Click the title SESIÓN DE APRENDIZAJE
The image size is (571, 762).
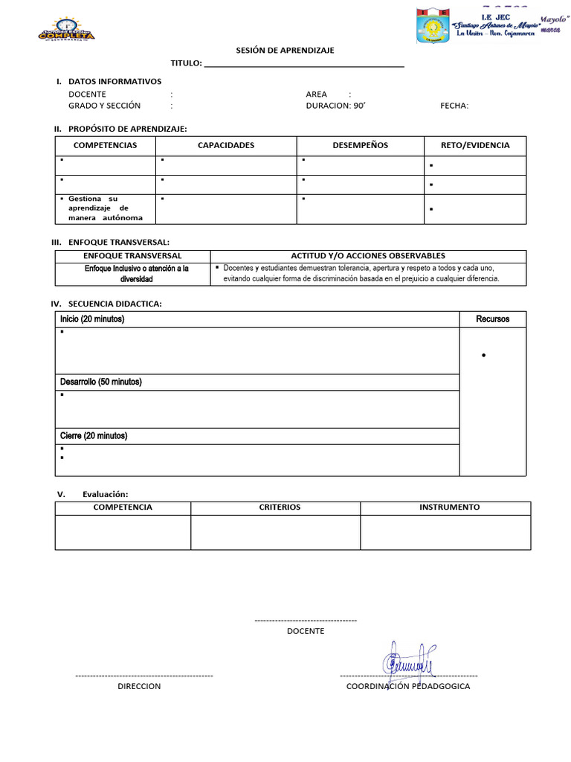pos(285,50)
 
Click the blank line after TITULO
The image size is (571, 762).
pos(304,64)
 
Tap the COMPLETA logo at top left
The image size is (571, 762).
pos(66,30)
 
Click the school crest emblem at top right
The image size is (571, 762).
pos(432,26)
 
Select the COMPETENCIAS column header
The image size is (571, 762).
pos(105,145)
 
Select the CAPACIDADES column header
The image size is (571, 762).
pos(226,145)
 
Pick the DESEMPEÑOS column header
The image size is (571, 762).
pos(360,145)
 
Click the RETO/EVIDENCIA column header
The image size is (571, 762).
pos(475,145)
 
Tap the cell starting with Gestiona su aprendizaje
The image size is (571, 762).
pos(105,208)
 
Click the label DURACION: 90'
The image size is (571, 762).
pos(335,106)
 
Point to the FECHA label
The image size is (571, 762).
pos(454,106)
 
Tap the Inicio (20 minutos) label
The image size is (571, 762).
pos(92,319)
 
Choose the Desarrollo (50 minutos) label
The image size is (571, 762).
pos(100,382)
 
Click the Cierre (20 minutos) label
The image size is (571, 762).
pos(94,435)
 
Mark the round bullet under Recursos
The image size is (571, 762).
pos(484,356)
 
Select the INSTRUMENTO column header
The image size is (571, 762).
pos(449,508)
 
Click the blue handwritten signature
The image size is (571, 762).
pos(410,658)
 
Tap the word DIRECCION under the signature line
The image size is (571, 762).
pos(139,686)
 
